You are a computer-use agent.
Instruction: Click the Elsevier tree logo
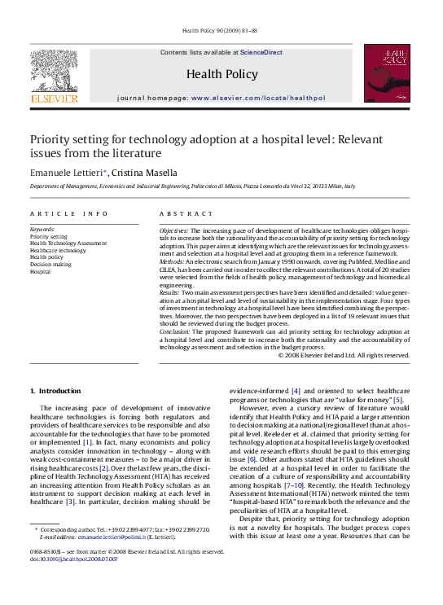coord(54,76)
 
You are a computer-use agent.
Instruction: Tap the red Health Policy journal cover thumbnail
coord(387,74)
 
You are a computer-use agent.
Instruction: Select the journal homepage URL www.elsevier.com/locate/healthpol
coord(258,98)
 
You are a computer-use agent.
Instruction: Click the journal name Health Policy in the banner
coord(221,74)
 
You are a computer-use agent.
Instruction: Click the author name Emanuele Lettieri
coord(67,173)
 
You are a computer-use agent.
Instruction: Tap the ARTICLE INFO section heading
coord(69,213)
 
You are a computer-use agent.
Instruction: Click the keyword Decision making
coord(50,265)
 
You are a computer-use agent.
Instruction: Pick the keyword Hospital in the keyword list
coord(41,272)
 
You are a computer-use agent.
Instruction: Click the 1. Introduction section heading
coord(55,391)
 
